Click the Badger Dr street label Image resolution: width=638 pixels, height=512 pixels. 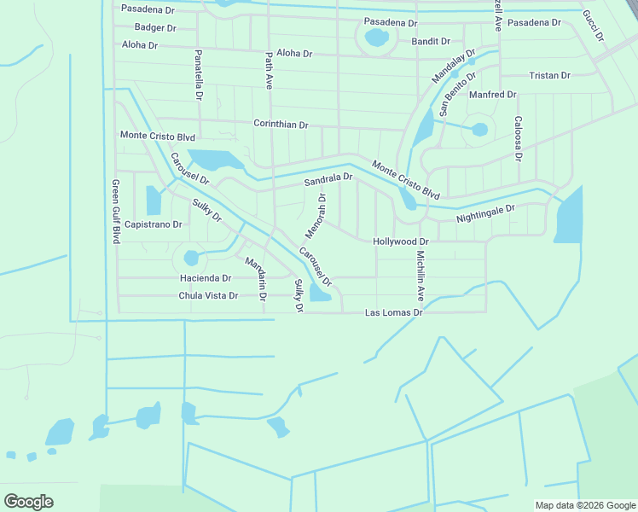coord(155,27)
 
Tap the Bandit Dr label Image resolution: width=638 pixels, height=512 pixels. coord(431,41)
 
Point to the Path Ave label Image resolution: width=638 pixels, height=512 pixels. coord(268,71)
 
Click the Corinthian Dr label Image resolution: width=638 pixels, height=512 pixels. coord(281,124)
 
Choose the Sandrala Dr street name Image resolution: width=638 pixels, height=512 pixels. coord(328,178)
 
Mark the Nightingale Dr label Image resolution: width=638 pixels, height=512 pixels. coord(485,213)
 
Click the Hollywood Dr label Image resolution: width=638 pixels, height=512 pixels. coord(400,242)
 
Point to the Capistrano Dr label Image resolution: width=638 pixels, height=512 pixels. coord(154,224)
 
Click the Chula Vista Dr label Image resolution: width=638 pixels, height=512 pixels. coord(207,296)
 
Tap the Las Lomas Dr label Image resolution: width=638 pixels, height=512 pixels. coord(394,313)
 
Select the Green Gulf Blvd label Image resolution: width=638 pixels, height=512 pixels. coord(115,212)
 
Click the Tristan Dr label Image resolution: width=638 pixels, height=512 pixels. coord(549,75)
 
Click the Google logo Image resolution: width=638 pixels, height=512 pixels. coord(28,502)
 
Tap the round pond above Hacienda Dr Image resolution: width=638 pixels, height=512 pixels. coord(191,257)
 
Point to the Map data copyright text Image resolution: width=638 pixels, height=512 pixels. coord(584,505)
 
